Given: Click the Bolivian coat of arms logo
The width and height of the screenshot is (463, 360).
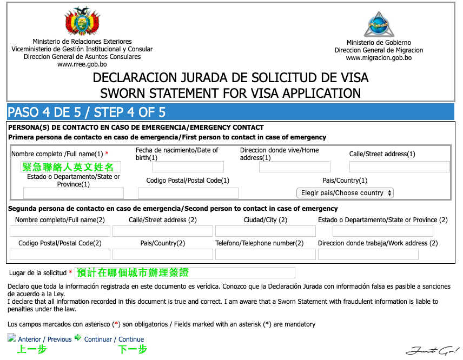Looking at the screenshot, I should point(82,22).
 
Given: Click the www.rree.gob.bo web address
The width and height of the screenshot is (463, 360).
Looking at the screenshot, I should point(82,64).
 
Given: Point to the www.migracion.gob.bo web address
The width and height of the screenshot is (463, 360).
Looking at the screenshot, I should point(379,58).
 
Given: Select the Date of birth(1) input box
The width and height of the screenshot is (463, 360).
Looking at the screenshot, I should point(188,167).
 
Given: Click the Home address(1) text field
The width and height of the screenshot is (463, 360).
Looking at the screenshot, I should point(294,167).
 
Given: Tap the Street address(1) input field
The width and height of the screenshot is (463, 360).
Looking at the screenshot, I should point(399,167).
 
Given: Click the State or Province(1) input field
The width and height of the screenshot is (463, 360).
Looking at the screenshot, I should point(74,194).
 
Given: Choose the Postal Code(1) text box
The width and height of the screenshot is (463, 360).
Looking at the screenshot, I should point(188,194).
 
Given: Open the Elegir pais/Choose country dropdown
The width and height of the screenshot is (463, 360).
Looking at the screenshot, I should point(345,193).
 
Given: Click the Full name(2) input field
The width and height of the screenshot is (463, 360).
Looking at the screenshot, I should point(60,231).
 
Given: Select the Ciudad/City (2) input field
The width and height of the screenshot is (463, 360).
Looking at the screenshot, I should point(265,231).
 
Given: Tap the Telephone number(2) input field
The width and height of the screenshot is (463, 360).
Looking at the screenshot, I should point(265,254).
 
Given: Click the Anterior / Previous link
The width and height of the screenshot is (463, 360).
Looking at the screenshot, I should point(45,339).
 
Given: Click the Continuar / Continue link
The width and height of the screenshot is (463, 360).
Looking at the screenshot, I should point(114,339).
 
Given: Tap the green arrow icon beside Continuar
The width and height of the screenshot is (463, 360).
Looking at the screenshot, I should point(78,338).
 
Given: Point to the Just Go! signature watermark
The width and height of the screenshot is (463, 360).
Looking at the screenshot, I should point(432,350).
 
